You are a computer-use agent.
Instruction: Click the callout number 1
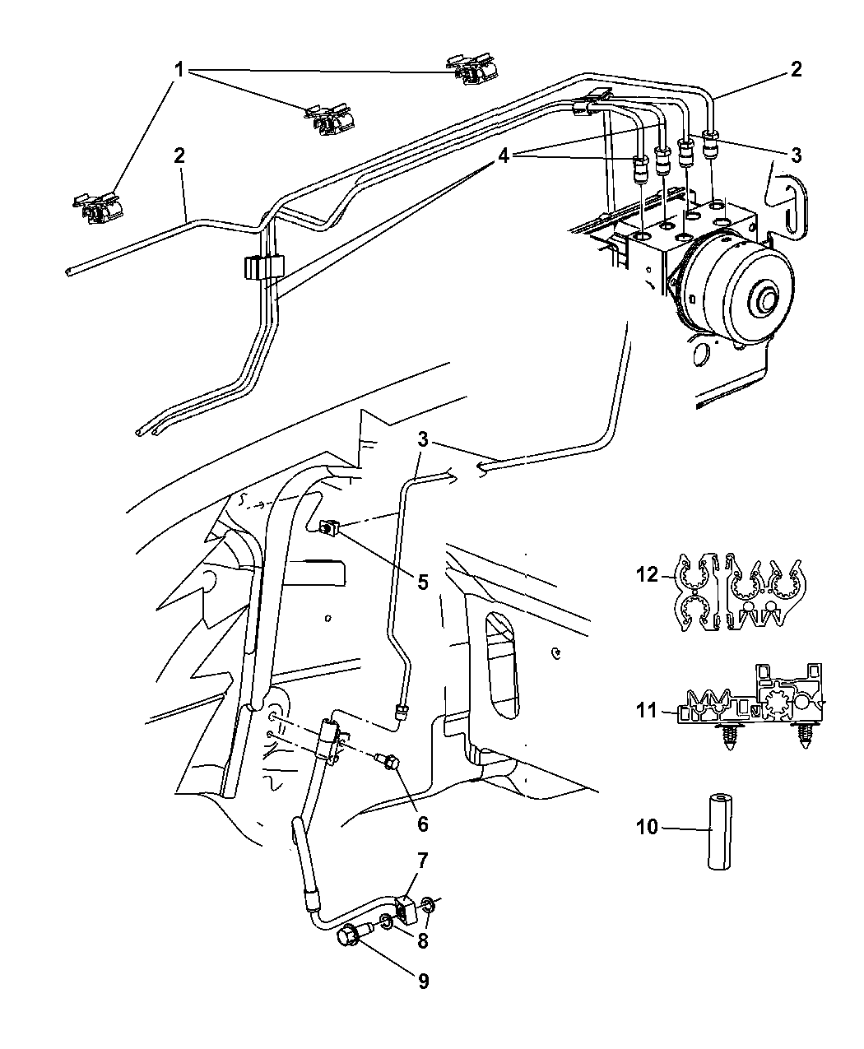pos(179,70)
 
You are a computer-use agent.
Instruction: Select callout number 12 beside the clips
pos(647,574)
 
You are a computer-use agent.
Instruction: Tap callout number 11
pos(647,711)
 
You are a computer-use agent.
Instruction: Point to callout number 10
pos(647,826)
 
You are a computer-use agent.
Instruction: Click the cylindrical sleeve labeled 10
pos(719,832)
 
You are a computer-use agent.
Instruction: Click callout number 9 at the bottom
pos(423,981)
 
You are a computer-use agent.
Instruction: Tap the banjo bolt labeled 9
pos(354,933)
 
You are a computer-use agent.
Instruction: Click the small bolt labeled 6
pos(388,776)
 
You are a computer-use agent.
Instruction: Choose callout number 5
pos(423,583)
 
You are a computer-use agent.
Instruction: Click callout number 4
pos(503,156)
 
